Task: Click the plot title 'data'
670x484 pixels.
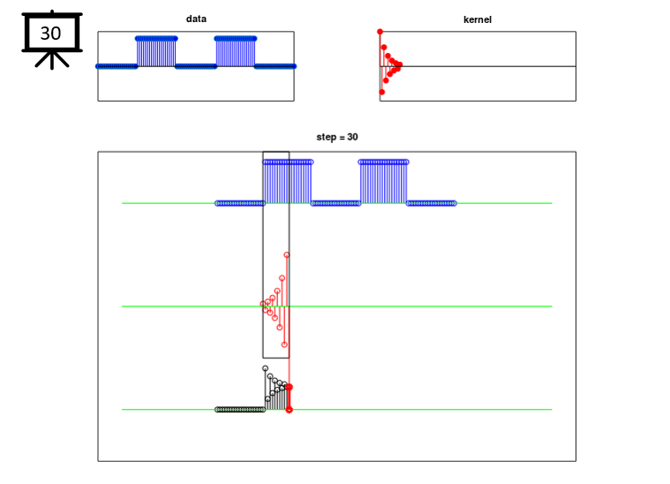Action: [196, 19]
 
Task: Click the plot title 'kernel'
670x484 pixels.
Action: [478, 19]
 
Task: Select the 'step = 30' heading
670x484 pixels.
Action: [337, 137]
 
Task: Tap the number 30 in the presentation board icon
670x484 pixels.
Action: [51, 34]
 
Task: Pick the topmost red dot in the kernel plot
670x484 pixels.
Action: [380, 32]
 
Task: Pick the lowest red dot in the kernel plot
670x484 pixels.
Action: [382, 92]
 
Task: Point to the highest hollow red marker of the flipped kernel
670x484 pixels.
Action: [287, 255]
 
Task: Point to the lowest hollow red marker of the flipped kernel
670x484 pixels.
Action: [284, 344]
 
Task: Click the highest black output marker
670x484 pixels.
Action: [265, 368]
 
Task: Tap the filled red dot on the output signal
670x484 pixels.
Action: [289, 387]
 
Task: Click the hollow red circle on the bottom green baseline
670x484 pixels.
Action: [289, 410]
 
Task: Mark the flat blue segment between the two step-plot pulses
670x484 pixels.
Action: [335, 203]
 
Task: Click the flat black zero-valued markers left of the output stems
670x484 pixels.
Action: [240, 410]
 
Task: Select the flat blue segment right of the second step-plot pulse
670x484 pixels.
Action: [431, 203]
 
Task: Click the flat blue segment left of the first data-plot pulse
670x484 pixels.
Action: [117, 66]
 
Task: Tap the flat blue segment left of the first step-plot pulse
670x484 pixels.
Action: [239, 203]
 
